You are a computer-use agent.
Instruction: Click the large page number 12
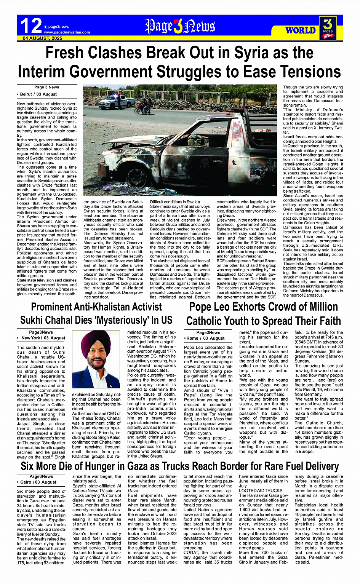30,26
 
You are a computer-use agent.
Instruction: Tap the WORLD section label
301,30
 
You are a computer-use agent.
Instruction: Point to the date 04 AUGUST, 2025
42,38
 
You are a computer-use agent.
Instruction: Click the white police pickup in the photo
116,101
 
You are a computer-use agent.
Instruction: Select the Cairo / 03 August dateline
38,482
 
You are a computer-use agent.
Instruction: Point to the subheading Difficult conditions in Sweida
175,202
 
